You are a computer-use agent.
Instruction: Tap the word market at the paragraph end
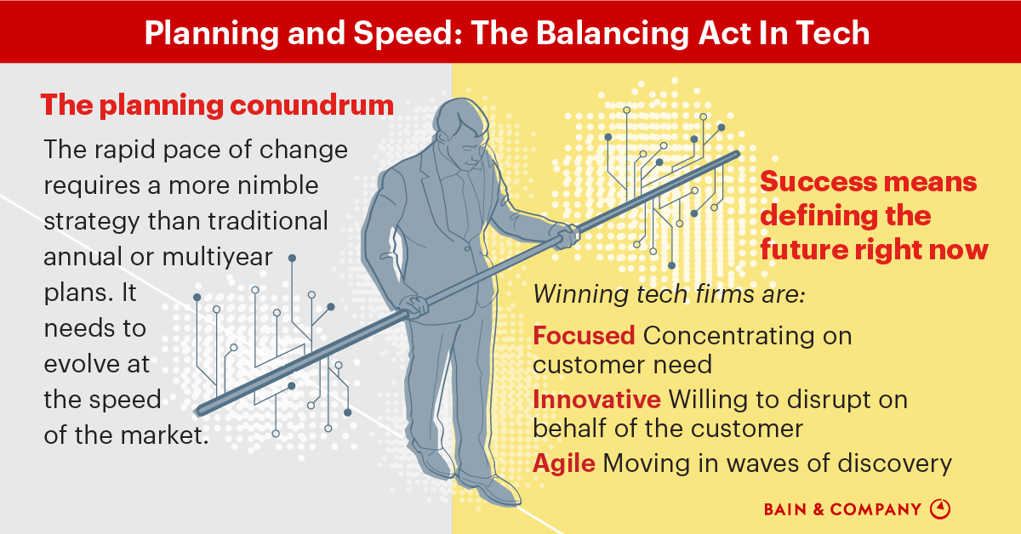[163, 435]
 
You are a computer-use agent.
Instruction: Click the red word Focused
[584, 336]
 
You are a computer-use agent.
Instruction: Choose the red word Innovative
[596, 399]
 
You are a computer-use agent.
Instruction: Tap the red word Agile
[564, 463]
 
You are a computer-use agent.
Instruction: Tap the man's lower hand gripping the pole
[417, 305]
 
